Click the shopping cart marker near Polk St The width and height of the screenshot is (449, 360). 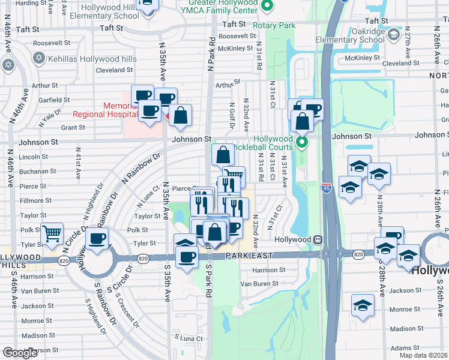pos(52,233)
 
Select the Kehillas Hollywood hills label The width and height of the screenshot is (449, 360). pos(94,59)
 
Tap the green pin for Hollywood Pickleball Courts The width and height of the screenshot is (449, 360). pos(302,142)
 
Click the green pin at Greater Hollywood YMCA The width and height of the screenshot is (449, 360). pos(268,7)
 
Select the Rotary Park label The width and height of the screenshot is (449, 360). pos(274,26)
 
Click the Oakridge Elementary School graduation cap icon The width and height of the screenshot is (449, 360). pos(393,35)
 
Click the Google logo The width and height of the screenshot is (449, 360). pos(20,353)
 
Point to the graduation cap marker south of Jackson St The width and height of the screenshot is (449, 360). pos(363,305)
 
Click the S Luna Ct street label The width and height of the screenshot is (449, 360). pos(188,338)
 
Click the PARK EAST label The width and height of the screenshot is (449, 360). pos(249,256)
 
